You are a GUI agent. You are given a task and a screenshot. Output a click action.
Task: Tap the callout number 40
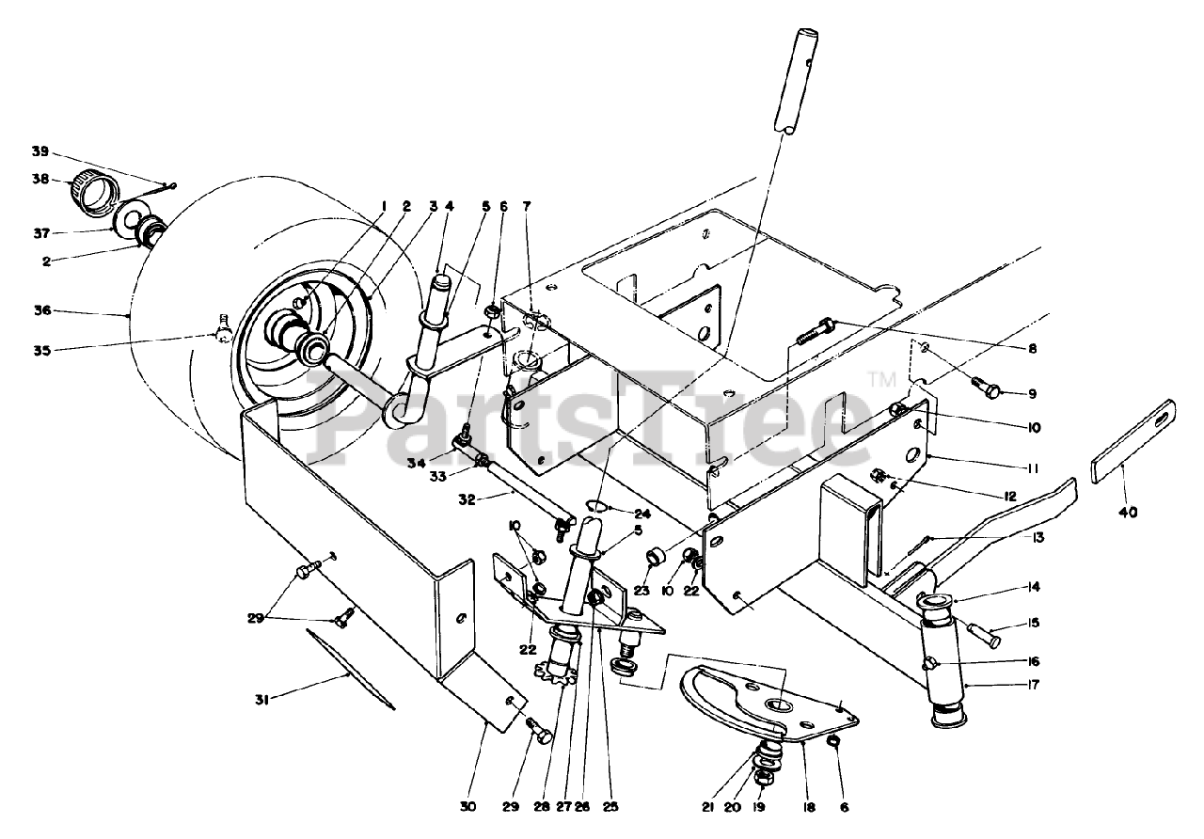tap(1127, 513)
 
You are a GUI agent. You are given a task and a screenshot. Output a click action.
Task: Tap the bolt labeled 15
tap(982, 634)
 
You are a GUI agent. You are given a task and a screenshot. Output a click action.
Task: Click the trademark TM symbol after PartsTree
tap(880, 380)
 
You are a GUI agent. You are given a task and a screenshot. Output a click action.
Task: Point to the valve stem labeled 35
tap(222, 329)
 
